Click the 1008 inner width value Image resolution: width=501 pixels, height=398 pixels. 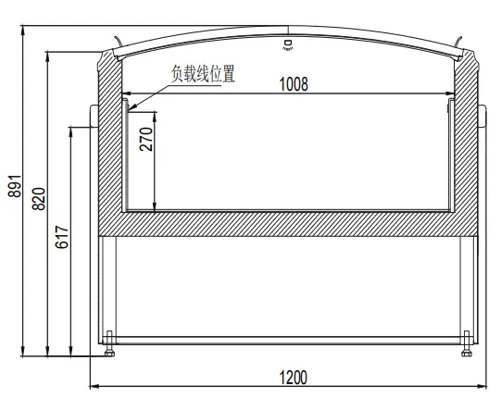(x=294, y=83)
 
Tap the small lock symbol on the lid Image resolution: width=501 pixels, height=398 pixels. (x=288, y=43)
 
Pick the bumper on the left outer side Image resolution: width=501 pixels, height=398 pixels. (x=94, y=117)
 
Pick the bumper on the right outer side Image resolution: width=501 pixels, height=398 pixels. (x=481, y=117)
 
